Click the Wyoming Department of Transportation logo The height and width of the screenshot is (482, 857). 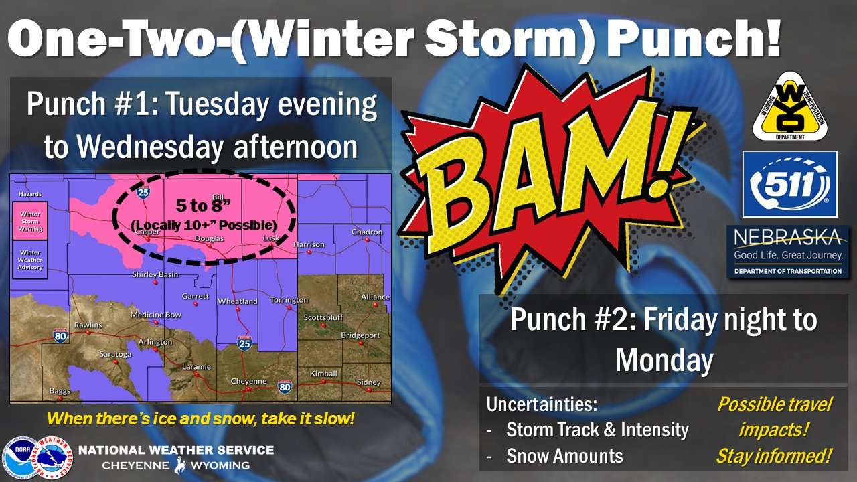pos(789,107)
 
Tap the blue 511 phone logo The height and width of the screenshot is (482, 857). pos(789,184)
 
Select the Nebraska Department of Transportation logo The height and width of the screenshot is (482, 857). pos(788,252)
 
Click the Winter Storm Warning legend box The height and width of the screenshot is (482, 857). pos(30,221)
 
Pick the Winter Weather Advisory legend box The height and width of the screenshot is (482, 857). pos(30,260)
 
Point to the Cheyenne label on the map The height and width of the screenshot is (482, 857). pos(248,381)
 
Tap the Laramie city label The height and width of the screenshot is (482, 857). pos(196,366)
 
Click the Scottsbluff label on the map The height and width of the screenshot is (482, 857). pos(323,317)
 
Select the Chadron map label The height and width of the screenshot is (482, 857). pos(367,232)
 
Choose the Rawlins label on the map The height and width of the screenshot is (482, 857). pos(88,325)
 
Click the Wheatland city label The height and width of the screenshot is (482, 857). pos(238,301)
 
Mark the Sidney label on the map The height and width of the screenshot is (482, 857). pos(369,382)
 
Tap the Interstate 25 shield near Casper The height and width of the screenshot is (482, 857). pos(143,191)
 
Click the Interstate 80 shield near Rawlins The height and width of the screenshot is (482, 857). pos(60,336)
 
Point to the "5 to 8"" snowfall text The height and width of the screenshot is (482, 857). pos(203,206)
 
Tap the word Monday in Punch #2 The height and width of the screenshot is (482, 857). pos(665,360)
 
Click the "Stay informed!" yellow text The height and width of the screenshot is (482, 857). pos(773,456)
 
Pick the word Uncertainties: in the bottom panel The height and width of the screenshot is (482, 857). pos(542,404)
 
